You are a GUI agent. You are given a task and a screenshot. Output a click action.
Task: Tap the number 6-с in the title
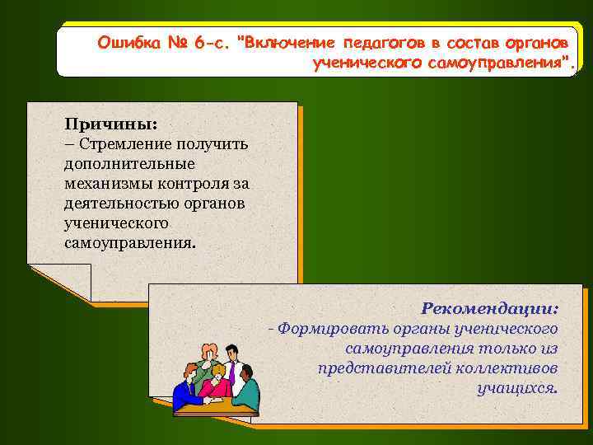click(x=209, y=41)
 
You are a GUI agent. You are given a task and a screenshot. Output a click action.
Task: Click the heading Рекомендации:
click(x=489, y=308)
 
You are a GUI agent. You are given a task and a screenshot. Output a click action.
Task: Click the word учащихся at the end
click(x=516, y=387)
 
